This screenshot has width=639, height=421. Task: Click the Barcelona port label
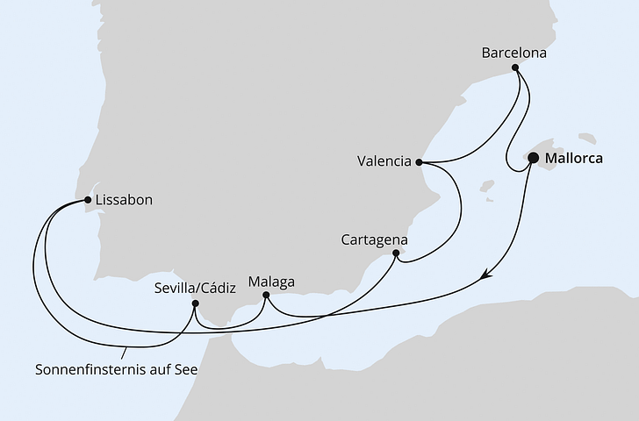click(x=513, y=53)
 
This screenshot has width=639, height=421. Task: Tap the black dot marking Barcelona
click(x=515, y=68)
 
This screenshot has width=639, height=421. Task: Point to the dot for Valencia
click(x=420, y=162)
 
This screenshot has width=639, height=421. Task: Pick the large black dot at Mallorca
click(x=533, y=159)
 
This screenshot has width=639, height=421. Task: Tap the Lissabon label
click(x=124, y=200)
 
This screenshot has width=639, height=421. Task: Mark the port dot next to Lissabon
click(x=89, y=200)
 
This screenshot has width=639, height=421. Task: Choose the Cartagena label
click(x=375, y=239)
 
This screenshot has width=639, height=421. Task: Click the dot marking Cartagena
click(x=396, y=253)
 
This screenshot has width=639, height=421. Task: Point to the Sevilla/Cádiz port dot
click(x=196, y=303)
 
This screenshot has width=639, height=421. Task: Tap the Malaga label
click(x=272, y=282)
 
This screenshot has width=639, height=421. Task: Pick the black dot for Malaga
click(x=265, y=296)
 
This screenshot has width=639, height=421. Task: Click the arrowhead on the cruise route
click(x=485, y=277)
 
